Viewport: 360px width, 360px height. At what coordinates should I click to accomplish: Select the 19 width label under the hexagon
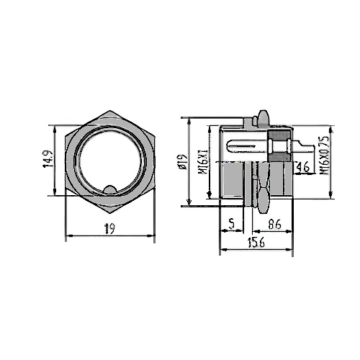coord(110,228)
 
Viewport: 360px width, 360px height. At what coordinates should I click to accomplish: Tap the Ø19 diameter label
coord(183,160)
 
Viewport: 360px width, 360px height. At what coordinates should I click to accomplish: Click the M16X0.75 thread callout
coord(324,157)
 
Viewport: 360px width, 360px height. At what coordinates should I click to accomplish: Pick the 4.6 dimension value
coord(303,168)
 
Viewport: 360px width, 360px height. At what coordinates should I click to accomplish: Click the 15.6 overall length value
coord(256,243)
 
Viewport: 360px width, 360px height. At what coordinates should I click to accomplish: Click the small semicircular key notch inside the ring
coord(110,190)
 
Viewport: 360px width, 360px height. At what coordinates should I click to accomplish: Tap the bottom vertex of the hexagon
coord(110,210)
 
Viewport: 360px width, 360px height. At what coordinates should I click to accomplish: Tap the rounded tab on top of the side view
coord(261,116)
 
